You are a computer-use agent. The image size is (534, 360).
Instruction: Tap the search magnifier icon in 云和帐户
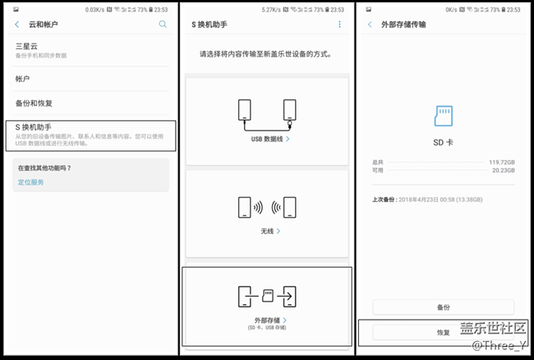(x=163, y=25)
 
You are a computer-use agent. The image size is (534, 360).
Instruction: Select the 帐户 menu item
(x=23, y=79)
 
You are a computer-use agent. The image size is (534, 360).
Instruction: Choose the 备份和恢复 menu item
(x=34, y=104)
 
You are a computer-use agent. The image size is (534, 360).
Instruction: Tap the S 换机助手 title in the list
(x=35, y=127)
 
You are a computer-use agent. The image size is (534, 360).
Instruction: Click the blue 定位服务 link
(x=31, y=181)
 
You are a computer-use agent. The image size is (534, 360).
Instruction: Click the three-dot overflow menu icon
(x=340, y=25)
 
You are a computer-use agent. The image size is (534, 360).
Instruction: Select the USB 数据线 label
(x=268, y=140)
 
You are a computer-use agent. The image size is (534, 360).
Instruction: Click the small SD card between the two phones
(x=267, y=293)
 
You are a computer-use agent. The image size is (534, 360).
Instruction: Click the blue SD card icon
(x=444, y=114)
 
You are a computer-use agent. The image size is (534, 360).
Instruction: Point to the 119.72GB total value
(x=499, y=163)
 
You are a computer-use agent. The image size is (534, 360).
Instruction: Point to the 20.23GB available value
(x=501, y=171)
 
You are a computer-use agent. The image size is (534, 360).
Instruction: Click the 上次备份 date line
(x=426, y=200)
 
